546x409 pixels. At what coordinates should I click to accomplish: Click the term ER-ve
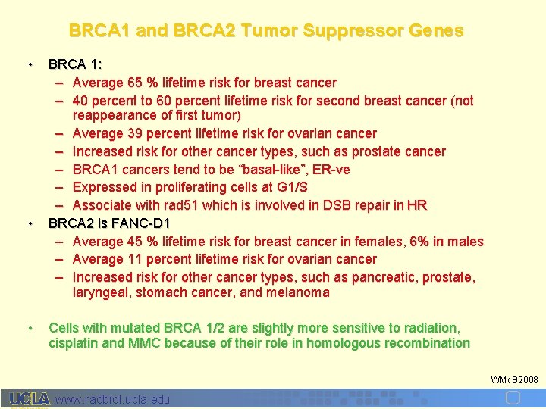pos(331,170)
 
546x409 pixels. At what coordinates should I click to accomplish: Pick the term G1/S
pos(291,187)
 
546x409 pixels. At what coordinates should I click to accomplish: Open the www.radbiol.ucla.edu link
pos(112,399)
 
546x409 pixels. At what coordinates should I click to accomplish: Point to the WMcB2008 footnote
pos(514,379)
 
